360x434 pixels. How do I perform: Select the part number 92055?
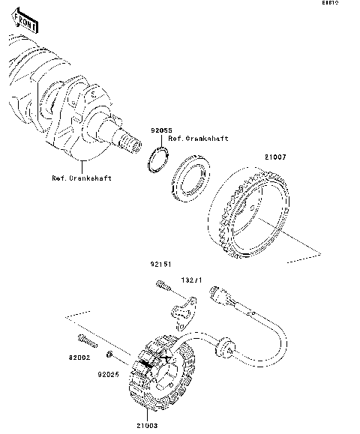pos(159,130)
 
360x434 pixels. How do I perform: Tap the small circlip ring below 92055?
pos(157,160)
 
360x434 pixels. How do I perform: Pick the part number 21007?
pos(273,158)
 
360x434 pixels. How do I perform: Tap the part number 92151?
pos(160,265)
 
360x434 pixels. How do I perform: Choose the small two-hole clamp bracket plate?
pos(183,310)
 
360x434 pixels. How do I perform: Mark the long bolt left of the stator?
pos(86,344)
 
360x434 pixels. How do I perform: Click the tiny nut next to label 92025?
pos(110,354)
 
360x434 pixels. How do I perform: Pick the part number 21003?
pos(146,426)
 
